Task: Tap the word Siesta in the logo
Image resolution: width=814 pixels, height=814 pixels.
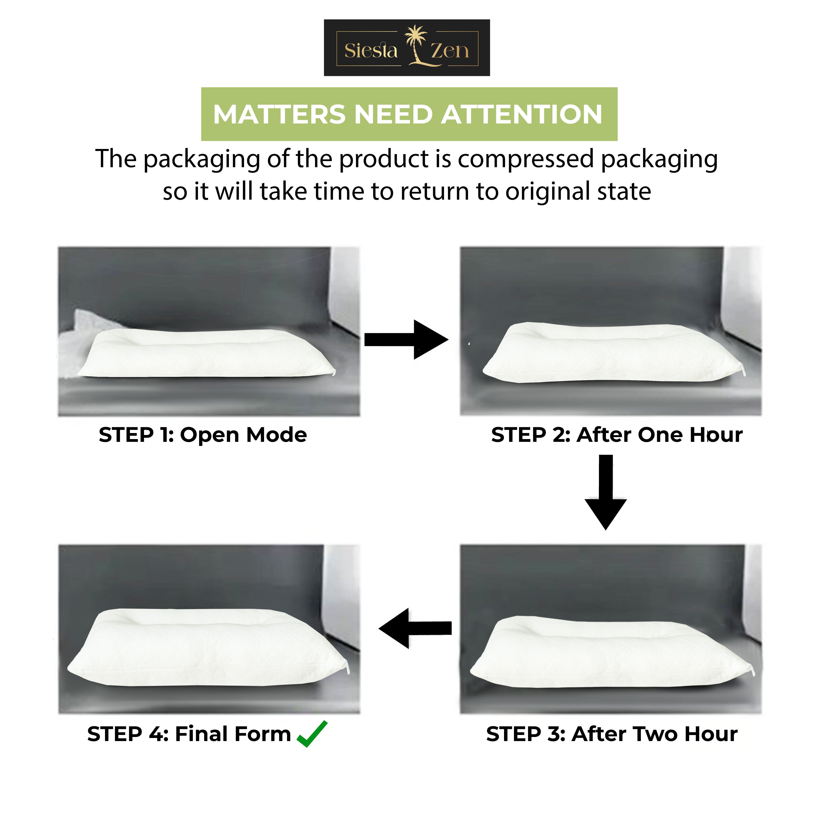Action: (371, 51)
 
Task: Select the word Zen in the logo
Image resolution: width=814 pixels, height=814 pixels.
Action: (449, 51)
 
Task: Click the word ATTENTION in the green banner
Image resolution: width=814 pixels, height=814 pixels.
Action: (522, 115)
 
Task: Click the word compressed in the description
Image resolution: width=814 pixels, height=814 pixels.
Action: (526, 159)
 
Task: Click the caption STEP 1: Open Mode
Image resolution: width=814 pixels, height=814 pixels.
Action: (203, 435)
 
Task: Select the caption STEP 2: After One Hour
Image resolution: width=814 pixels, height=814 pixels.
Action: (616, 435)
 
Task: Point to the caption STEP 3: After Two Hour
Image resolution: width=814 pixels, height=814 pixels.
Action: (612, 734)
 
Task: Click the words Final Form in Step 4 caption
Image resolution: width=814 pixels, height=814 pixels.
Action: (233, 734)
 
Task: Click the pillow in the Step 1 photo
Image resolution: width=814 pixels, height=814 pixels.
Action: (206, 354)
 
